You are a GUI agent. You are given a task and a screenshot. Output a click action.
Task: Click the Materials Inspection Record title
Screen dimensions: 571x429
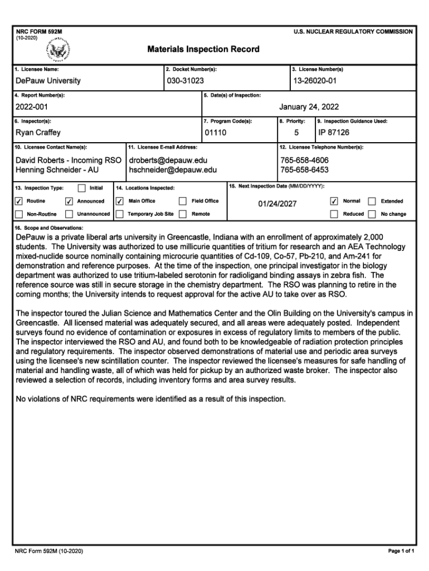click(x=203, y=49)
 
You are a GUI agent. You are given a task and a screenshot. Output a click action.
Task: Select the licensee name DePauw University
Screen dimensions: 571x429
click(x=48, y=81)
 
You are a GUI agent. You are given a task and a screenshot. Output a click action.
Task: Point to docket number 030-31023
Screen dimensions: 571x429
click(x=185, y=81)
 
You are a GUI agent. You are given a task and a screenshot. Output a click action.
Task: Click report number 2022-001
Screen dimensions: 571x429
click(x=32, y=107)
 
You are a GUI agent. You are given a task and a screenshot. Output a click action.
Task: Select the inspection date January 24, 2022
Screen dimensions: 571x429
click(x=309, y=107)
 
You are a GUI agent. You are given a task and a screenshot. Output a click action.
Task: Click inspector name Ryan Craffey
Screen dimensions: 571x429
click(x=38, y=133)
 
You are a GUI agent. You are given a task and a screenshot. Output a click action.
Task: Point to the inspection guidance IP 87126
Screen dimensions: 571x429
click(x=334, y=133)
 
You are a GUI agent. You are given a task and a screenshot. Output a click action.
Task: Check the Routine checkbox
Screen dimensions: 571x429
click(x=19, y=201)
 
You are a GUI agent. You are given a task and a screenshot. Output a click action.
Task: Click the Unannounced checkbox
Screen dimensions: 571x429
click(x=70, y=214)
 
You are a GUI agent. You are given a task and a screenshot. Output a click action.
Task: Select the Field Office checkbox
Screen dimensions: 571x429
click(x=182, y=201)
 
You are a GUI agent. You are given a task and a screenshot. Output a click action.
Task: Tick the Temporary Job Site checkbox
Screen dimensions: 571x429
click(x=119, y=214)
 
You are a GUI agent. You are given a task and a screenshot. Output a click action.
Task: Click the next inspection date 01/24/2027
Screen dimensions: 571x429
click(x=277, y=204)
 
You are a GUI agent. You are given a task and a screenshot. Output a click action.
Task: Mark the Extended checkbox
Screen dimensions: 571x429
click(x=372, y=201)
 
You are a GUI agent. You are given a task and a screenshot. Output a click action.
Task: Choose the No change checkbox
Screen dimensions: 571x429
click(x=372, y=214)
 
